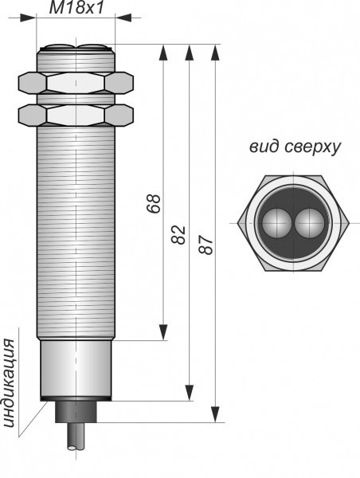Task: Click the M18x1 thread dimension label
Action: (76, 8)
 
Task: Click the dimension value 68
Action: (154, 203)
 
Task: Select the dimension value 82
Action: (178, 235)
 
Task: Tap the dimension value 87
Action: (205, 245)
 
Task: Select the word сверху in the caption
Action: (312, 148)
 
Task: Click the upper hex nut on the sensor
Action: (76, 83)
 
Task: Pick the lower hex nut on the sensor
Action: (76, 116)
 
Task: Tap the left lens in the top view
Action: (277, 223)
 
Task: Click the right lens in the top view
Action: (310, 223)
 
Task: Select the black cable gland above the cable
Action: (76, 412)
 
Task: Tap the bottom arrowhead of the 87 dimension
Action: (216, 414)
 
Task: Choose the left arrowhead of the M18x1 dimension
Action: (28, 18)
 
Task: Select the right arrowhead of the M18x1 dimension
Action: (123, 18)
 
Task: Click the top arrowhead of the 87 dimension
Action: (216, 53)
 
